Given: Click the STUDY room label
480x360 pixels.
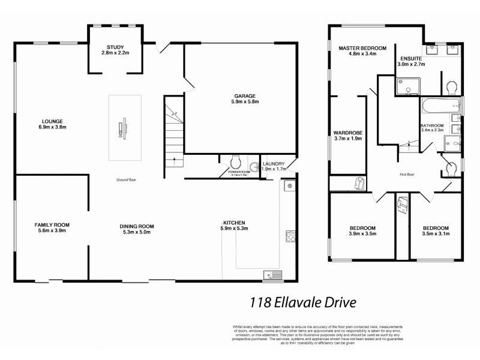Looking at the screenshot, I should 115,47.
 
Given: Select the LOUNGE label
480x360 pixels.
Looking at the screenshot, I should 52,121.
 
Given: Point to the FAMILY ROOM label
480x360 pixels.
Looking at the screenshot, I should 52,225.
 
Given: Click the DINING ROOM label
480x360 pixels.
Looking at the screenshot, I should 138,226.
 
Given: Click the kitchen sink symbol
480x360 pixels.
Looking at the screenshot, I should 273,275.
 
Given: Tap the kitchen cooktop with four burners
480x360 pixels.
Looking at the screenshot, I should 290,236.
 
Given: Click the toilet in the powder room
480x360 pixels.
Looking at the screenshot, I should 236,162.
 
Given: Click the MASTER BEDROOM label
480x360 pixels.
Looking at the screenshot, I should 362,48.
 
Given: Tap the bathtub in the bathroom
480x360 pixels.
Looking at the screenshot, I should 439,107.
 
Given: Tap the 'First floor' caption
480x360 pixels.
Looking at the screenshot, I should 408,175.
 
